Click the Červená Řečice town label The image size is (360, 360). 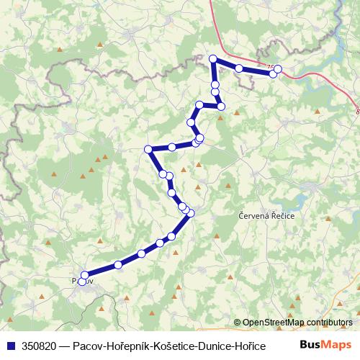266,215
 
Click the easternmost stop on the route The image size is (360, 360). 278,69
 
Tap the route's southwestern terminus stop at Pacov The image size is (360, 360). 84,281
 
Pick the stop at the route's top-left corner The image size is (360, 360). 212,58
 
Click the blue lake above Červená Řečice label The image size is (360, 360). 311,188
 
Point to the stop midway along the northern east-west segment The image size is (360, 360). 238,68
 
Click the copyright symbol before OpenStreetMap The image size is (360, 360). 238,323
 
